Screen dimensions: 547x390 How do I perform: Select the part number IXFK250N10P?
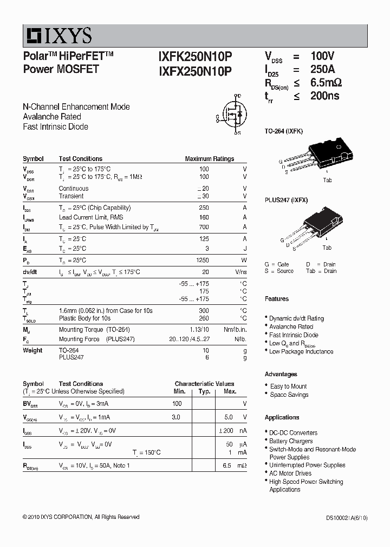tap(195, 56)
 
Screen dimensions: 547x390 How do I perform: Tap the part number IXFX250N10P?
tap(195, 70)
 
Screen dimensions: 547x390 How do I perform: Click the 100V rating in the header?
tap(322, 56)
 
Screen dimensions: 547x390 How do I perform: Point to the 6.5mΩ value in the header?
tap(326, 83)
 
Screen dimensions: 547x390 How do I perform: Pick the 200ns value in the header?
tap(324, 96)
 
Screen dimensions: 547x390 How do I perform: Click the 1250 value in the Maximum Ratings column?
tap(201, 260)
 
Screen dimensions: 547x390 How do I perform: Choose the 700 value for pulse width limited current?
tap(204, 227)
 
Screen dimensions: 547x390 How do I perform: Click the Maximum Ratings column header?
tap(209, 159)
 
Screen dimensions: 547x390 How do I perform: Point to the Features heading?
tap(276, 299)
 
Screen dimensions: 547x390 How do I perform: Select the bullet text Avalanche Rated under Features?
tap(291, 326)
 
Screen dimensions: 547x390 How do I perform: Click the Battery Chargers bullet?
tap(291, 441)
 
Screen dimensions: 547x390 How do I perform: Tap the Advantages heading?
tap(281, 374)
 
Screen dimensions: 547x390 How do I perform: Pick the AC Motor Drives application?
tap(290, 473)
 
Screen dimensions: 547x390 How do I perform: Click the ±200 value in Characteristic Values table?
tap(226, 431)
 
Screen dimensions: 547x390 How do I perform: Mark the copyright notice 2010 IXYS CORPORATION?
tap(81, 517)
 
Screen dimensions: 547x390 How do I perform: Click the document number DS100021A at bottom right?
tap(341, 518)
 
